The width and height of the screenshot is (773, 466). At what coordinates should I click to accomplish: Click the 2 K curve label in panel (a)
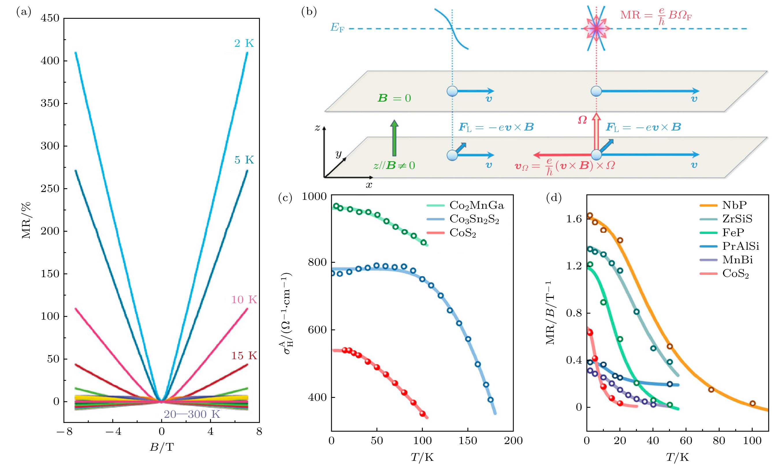244,43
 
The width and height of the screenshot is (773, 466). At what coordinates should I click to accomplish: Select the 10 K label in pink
244,300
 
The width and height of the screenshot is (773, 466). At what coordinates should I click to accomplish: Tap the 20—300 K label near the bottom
192,414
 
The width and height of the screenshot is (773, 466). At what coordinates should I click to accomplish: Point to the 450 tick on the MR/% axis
50,18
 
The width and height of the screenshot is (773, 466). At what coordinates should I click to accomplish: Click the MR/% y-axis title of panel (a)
26,221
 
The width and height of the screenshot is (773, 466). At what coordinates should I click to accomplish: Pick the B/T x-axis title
162,447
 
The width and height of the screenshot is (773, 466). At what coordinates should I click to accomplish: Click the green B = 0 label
394,98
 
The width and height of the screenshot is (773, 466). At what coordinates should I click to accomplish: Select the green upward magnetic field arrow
394,138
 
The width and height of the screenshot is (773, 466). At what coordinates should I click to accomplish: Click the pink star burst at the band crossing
596,29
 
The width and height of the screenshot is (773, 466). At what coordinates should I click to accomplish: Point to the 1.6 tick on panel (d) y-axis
574,219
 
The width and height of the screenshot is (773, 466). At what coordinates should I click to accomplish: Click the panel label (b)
309,12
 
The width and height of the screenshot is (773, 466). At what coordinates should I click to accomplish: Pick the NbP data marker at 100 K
752,403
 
